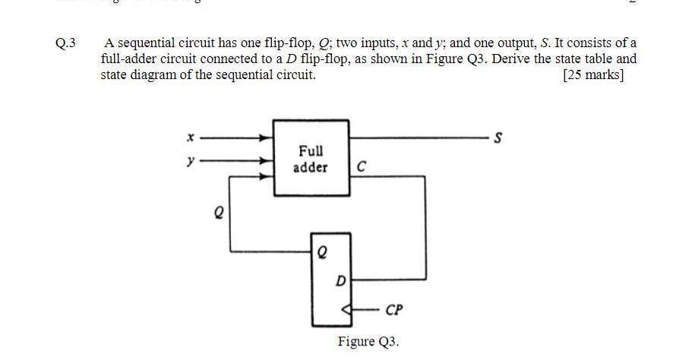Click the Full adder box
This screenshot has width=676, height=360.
click(311, 158)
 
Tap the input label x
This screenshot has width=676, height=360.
click(191, 137)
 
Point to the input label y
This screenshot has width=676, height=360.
click(191, 160)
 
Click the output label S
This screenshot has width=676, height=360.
click(498, 138)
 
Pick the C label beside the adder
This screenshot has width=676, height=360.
click(361, 167)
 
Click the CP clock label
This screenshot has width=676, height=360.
click(394, 310)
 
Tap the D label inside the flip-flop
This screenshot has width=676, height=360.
click(340, 281)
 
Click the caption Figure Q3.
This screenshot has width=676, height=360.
click(368, 342)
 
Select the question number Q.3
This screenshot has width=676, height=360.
click(66, 43)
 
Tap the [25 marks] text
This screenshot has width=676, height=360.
click(593, 75)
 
